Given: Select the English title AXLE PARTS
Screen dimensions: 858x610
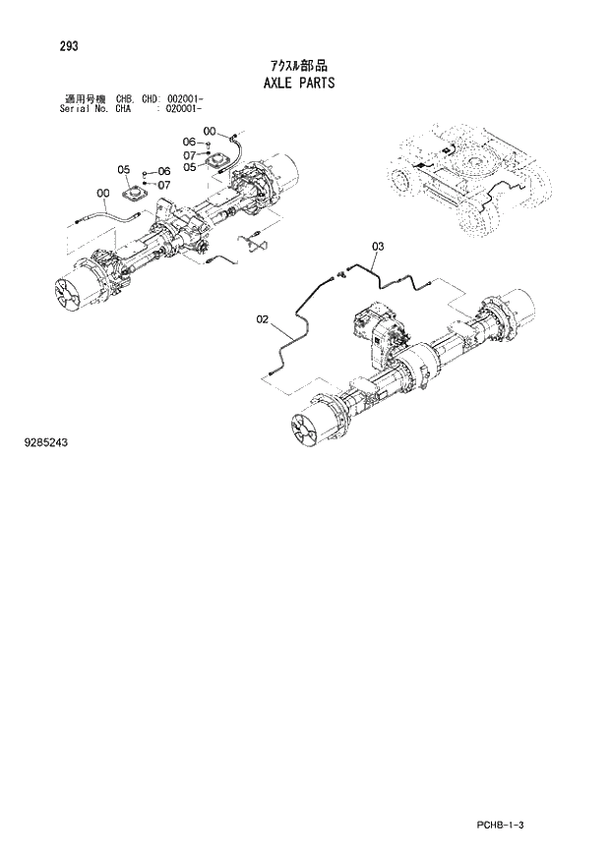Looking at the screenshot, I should click(299, 83).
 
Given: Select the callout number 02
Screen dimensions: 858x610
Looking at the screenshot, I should click(263, 318).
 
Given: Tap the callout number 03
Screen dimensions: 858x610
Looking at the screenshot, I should click(378, 245).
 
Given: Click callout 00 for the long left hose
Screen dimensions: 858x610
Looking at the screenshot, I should click(102, 193).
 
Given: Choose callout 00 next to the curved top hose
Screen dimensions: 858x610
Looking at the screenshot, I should click(210, 131).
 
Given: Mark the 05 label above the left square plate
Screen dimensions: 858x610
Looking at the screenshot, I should click(124, 169).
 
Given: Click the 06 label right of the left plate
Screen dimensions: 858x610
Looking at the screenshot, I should click(163, 171).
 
